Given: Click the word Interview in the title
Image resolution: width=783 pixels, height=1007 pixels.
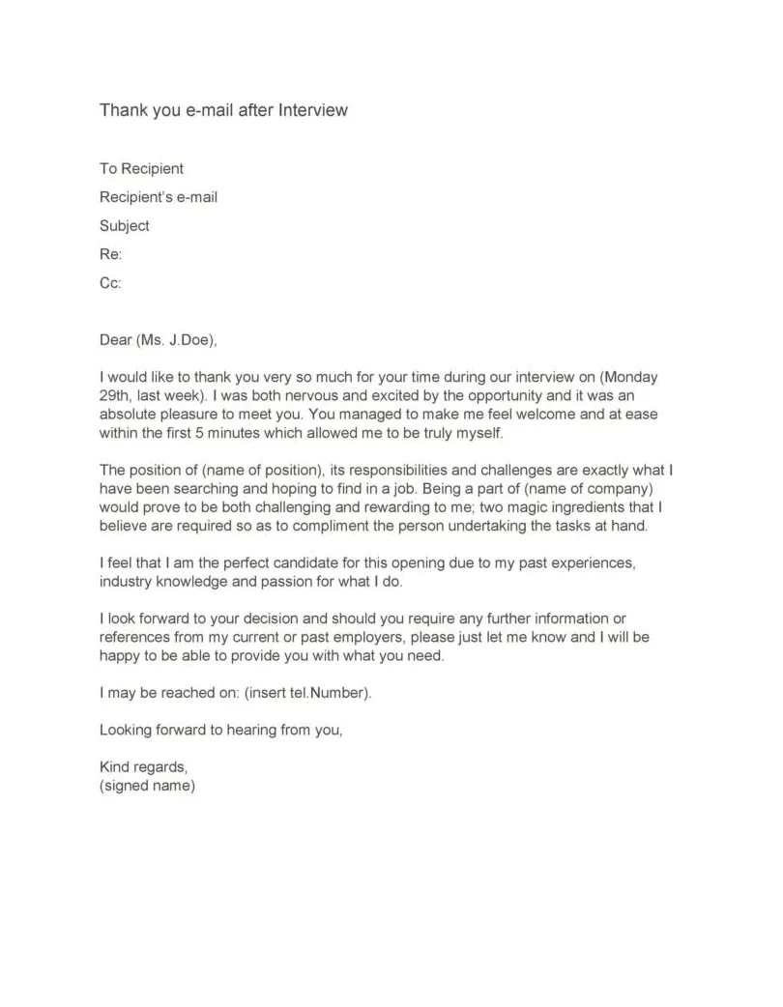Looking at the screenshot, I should coord(312,110).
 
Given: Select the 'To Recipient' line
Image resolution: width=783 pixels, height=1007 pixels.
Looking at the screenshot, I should coord(141,169).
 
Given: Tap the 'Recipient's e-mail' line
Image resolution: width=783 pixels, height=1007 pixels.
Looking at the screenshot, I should coord(159,198).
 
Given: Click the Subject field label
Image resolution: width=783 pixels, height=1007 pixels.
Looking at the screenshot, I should coord(125,226).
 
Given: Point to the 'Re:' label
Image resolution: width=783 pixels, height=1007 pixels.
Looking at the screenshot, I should coord(110,255).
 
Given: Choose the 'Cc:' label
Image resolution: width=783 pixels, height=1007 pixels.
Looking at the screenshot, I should coord(110,284).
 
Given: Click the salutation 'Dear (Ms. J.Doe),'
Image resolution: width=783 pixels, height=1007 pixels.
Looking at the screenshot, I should coord(159,340).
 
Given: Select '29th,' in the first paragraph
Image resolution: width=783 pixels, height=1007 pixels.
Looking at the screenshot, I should coord(118,395).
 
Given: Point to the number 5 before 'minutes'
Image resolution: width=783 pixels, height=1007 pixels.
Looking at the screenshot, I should coord(217,432).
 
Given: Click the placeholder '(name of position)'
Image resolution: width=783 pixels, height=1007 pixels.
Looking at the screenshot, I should coord(262,471).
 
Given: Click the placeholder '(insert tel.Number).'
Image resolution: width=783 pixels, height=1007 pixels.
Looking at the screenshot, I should coord(308,693).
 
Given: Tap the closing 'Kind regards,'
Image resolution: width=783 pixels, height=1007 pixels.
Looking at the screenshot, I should coord(144,767).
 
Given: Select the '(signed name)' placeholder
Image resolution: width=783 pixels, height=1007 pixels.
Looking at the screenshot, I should coord(147,786).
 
